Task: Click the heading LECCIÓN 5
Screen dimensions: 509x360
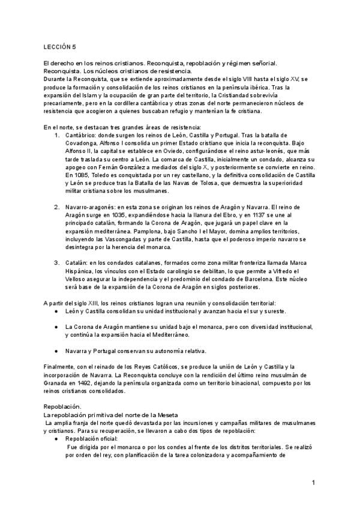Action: point(60,46)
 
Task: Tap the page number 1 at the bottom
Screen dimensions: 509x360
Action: point(314,483)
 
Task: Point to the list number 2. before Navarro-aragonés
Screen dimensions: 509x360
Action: point(57,206)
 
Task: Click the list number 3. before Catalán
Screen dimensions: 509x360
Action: point(57,262)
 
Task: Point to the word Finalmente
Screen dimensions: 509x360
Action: point(62,367)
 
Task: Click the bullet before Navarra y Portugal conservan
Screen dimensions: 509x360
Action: point(55,351)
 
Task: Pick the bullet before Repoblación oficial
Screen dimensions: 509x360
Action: point(55,438)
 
